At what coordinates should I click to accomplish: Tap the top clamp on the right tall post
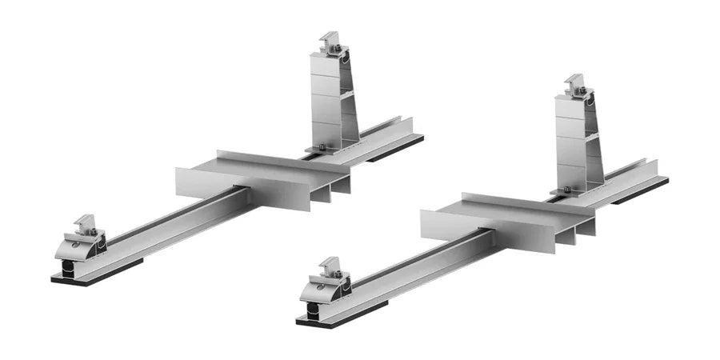[x=576, y=85]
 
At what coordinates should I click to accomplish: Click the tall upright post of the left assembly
[x=330, y=100]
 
